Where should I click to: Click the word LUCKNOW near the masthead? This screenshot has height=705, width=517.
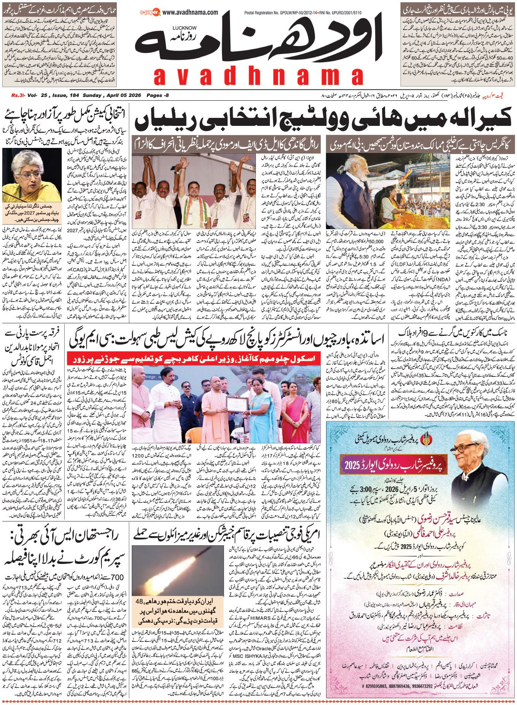184,28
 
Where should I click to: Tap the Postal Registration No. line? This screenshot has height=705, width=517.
291,13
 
